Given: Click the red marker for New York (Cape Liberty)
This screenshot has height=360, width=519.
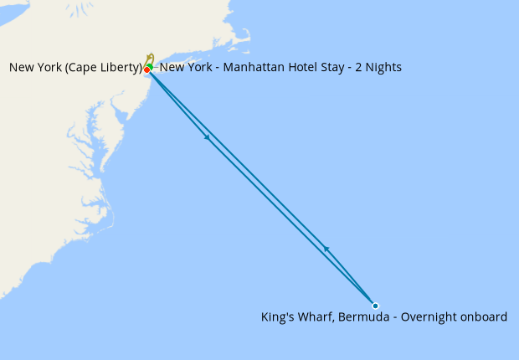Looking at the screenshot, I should pos(146,69).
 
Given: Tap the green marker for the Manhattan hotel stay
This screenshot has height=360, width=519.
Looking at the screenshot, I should pos(149,65).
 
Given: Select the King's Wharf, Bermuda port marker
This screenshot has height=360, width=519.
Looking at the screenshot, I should pos(375,306).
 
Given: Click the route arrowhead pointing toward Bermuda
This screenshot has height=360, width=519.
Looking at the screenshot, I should pos(207,137).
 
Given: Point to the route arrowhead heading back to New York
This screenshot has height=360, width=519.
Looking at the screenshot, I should pos(326,249).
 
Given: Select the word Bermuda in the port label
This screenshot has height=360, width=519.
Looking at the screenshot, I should pos(362,317).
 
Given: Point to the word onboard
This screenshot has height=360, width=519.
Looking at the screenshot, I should pos(482,317).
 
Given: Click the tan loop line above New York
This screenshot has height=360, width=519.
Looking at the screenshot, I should pos(151,57).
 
